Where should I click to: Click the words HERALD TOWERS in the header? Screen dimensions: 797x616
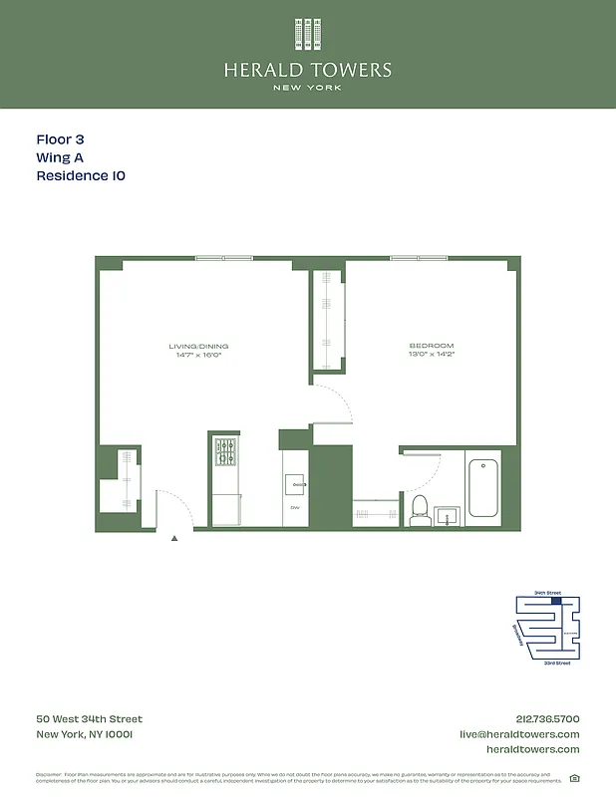click(x=308, y=71)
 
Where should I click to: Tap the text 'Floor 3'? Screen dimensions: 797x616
click(x=67, y=140)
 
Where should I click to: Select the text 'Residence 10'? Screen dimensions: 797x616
click(x=81, y=175)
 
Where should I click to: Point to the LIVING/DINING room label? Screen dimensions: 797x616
click(x=193, y=346)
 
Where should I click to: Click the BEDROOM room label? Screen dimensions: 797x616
click(x=431, y=346)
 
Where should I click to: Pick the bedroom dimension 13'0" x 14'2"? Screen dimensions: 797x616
click(x=431, y=355)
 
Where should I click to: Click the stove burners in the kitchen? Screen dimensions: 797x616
click(x=226, y=452)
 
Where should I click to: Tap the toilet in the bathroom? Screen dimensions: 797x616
click(x=420, y=509)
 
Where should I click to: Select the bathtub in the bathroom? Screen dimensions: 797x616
click(x=483, y=487)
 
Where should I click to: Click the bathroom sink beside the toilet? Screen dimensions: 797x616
click(x=447, y=516)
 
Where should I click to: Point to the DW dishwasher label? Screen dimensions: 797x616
click(x=295, y=507)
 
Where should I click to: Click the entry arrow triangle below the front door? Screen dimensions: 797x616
click(x=174, y=538)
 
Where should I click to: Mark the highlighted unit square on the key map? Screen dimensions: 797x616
click(x=556, y=601)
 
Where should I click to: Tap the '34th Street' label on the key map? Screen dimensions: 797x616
click(x=547, y=593)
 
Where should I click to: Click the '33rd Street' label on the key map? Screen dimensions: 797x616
click(x=556, y=663)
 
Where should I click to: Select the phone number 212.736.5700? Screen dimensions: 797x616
click(x=545, y=719)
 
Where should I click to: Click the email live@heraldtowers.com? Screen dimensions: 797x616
click(x=518, y=734)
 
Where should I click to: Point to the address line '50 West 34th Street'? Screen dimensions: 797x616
click(x=90, y=719)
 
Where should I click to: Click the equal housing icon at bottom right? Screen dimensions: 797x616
click(x=573, y=778)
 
